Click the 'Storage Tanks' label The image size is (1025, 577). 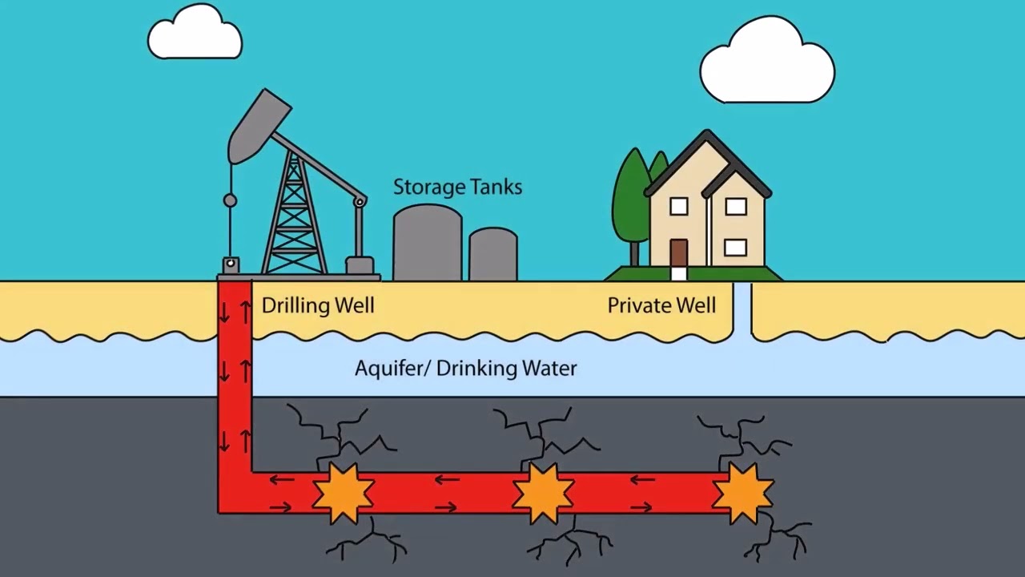click(457, 188)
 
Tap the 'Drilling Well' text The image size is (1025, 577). click(318, 305)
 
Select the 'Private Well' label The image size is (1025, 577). click(661, 305)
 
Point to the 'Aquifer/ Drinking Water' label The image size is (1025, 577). click(465, 369)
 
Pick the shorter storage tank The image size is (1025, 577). click(492, 254)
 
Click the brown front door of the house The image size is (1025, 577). click(678, 252)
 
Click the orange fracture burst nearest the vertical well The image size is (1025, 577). click(343, 491)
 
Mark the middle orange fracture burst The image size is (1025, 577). click(543, 491)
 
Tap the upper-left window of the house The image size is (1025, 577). click(678, 207)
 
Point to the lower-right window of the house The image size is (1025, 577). click(735, 247)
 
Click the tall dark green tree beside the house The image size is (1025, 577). click(631, 196)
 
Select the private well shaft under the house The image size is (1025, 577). click(742, 309)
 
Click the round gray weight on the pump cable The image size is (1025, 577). click(230, 200)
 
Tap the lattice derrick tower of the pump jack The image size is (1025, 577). click(295, 216)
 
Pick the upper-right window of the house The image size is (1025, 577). click(735, 207)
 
